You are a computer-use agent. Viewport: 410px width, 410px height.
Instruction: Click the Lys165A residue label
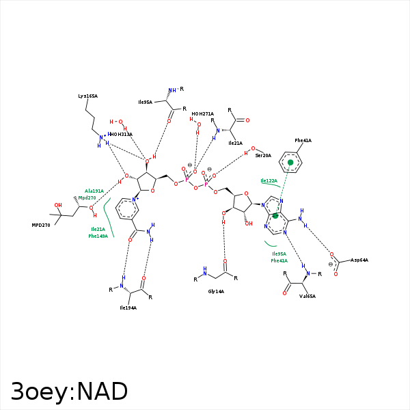tap(87, 96)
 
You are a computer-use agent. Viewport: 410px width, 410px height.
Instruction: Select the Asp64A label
tap(359, 260)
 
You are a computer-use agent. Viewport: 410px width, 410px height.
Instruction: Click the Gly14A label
tap(216, 291)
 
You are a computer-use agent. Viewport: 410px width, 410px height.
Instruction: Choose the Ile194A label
tap(128, 307)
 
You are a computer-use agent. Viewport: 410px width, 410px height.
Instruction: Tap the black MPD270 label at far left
tap(41, 225)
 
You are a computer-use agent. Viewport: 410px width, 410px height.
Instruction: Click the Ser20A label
tap(263, 156)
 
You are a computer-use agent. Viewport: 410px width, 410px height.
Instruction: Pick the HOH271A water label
tap(202, 114)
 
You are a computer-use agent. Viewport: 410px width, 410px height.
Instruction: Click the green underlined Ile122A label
tap(269, 180)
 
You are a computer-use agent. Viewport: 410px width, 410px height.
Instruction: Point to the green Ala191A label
tap(94, 191)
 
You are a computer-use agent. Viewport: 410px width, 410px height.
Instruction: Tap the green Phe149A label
tap(98, 236)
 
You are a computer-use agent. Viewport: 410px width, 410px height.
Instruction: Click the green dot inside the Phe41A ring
tap(290, 163)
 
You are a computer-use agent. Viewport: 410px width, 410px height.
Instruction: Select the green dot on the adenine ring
tap(275, 216)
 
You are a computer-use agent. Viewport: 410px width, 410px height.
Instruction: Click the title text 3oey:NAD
tap(69, 392)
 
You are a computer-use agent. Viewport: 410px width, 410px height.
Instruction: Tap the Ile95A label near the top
tap(145, 102)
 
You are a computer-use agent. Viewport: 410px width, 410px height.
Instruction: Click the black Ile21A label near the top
tap(235, 143)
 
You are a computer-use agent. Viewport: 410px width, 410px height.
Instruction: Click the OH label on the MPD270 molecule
tap(58, 205)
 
